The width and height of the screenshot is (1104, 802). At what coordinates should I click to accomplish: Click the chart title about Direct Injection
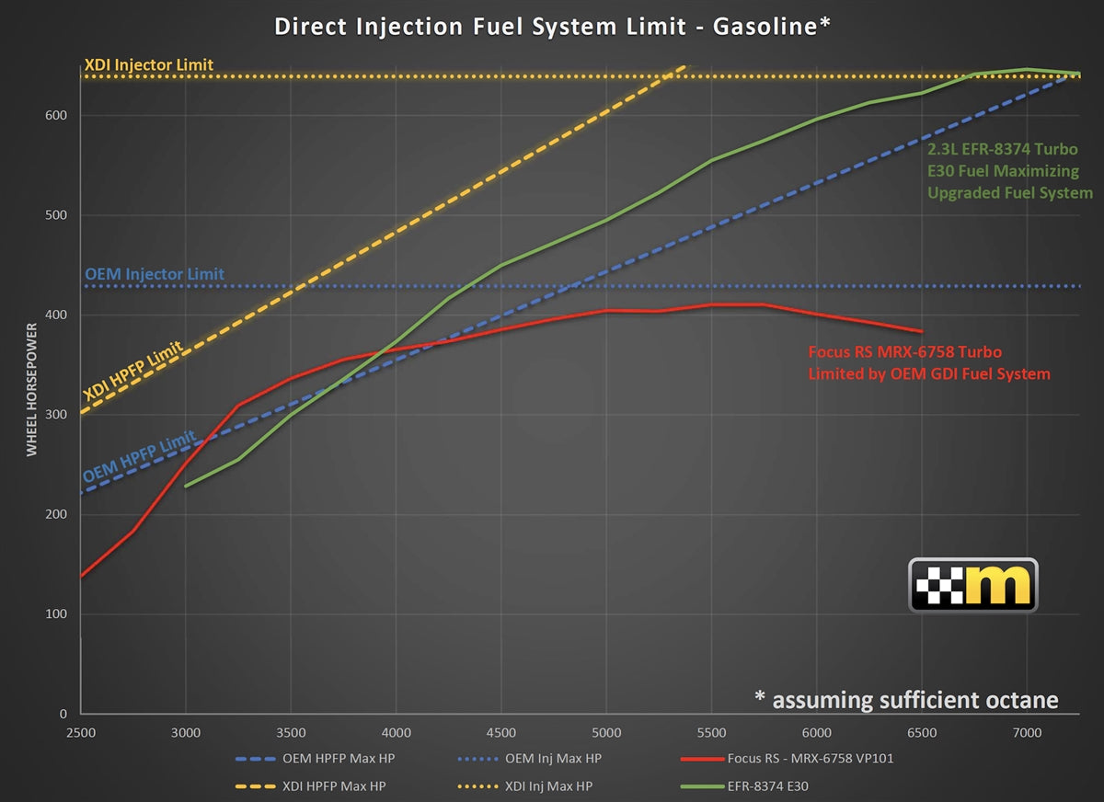click(x=552, y=26)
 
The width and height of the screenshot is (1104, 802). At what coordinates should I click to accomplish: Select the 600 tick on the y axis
click(x=60, y=115)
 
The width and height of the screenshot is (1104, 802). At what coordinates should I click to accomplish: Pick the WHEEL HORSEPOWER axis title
click(x=31, y=389)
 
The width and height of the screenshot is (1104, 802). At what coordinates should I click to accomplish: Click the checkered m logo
click(x=972, y=585)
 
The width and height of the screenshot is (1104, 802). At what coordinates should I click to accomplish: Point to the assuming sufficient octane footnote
click(x=906, y=700)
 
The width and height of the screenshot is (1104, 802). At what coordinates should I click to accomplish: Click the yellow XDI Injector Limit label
click(x=148, y=65)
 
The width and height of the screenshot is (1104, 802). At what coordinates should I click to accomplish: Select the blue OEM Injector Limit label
click(x=154, y=274)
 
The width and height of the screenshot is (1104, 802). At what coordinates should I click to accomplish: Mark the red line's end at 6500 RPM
click(x=922, y=331)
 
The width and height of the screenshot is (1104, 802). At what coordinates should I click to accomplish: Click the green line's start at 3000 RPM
click(x=186, y=486)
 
